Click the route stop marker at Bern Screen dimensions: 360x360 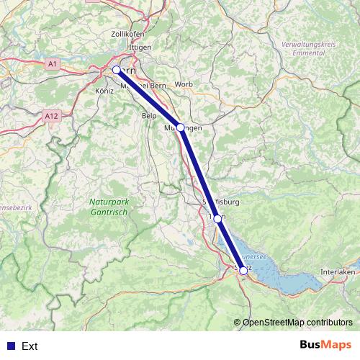116,70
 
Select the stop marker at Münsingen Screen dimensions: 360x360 180,127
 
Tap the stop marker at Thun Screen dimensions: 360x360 217,218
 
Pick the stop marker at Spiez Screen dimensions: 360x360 243,271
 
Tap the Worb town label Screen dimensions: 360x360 184,84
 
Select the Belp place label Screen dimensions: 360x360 150,115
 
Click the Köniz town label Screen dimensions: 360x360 104,91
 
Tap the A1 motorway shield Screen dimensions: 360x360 52,64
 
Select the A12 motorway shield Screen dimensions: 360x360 50,115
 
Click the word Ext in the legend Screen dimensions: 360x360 30,346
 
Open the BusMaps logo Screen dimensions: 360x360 326,345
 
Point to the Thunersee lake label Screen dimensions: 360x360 256,255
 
